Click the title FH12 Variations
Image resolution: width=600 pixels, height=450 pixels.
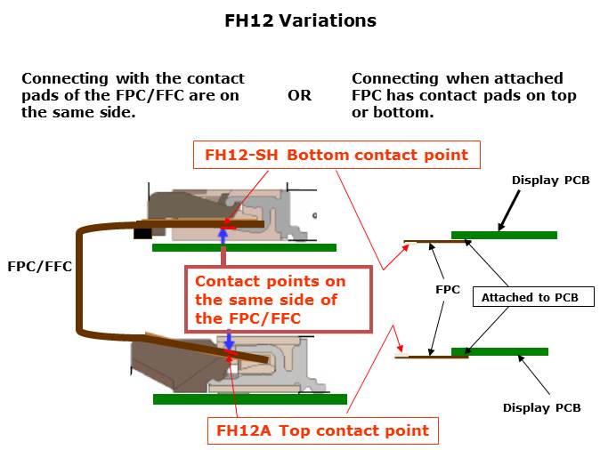click(300, 20)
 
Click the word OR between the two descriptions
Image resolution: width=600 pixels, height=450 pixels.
click(300, 95)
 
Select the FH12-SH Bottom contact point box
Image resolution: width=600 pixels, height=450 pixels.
click(336, 155)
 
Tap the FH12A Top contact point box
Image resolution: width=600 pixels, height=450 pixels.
click(323, 430)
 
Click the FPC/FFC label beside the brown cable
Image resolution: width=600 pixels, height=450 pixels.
click(40, 267)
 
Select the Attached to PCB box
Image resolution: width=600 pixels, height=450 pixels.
click(533, 297)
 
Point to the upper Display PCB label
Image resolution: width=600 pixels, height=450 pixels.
click(551, 180)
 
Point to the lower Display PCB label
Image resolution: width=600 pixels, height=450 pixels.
click(541, 407)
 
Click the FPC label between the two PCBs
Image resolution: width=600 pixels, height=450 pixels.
click(448, 289)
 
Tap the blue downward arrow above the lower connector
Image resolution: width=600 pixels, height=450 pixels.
click(229, 339)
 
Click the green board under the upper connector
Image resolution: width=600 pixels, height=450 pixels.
click(244, 248)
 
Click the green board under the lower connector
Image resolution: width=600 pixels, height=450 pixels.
click(250, 399)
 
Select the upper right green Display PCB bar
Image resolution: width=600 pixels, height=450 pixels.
click(505, 235)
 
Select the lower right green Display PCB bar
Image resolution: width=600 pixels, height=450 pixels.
click(499, 352)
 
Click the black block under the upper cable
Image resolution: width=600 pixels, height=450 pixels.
click(142, 234)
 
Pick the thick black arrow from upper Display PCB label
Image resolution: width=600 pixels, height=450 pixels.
click(509, 211)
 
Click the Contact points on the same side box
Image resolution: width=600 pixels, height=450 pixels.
click(279, 300)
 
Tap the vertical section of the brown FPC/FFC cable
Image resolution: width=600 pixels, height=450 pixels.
click(79, 280)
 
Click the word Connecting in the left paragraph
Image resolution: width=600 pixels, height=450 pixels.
click(65, 79)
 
